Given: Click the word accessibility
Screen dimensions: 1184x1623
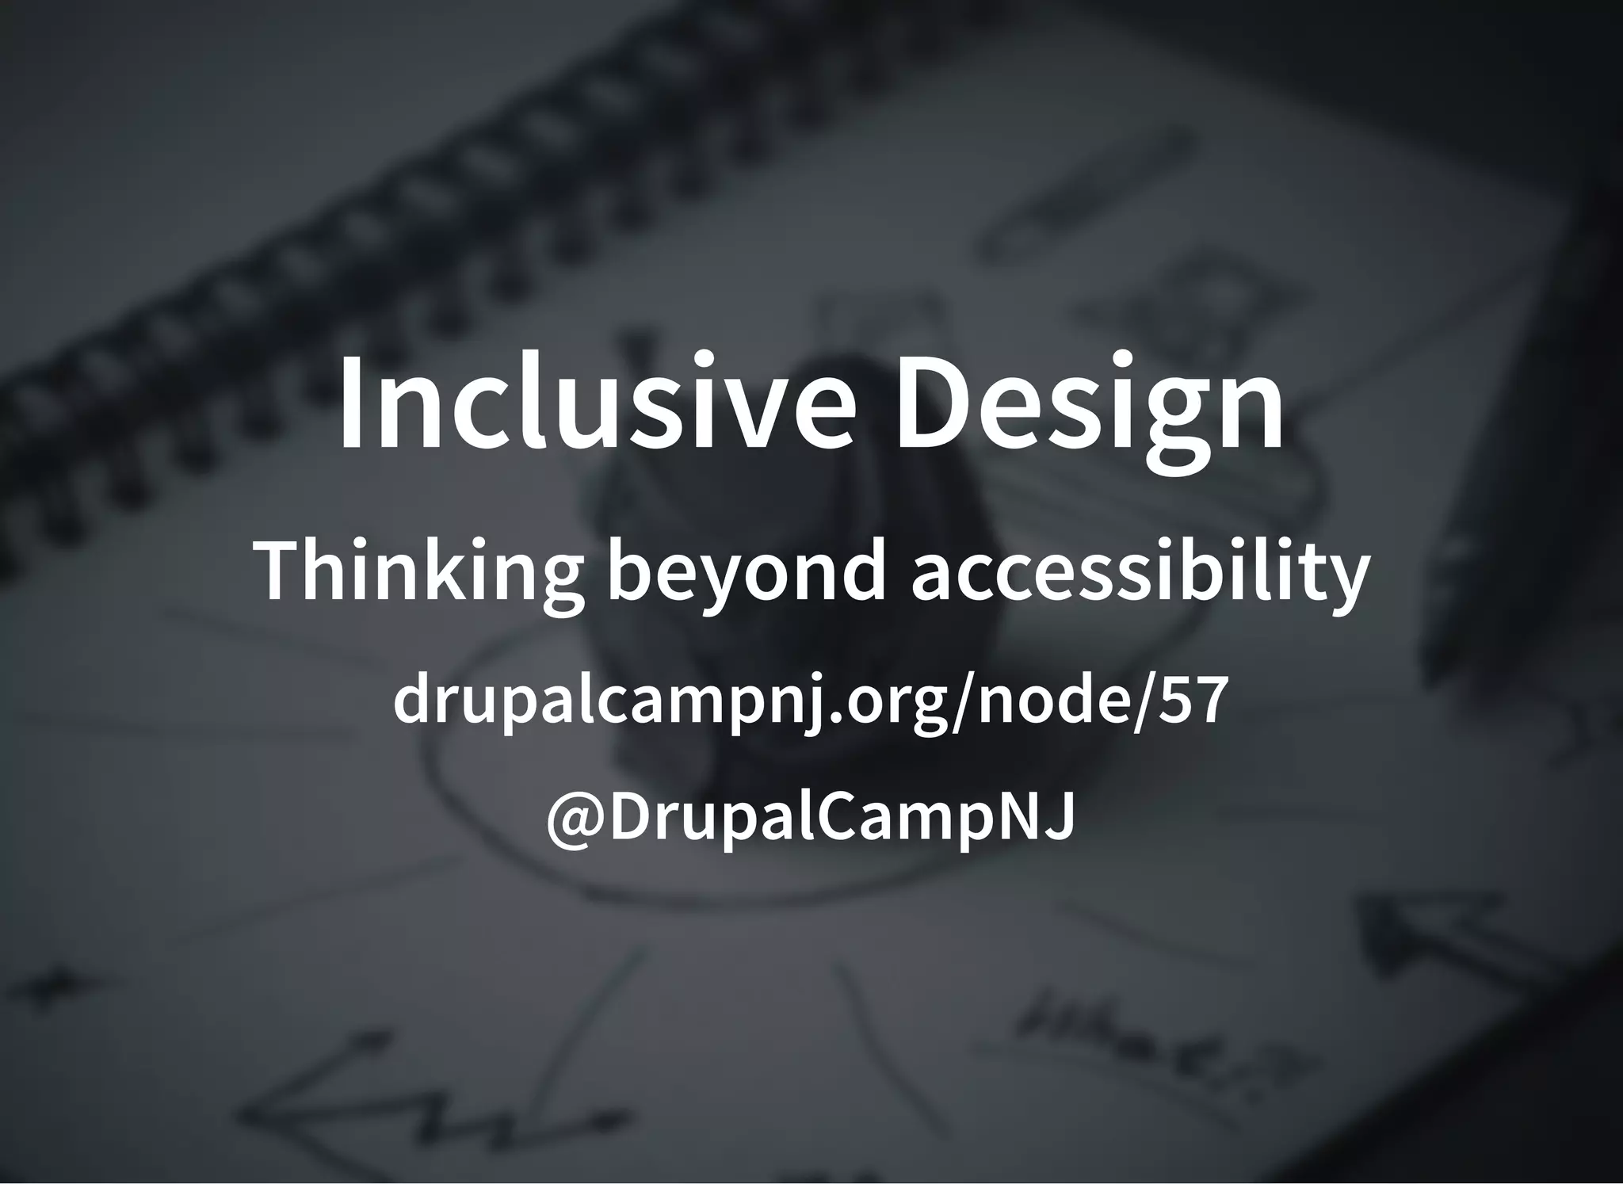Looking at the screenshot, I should point(1140,572).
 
